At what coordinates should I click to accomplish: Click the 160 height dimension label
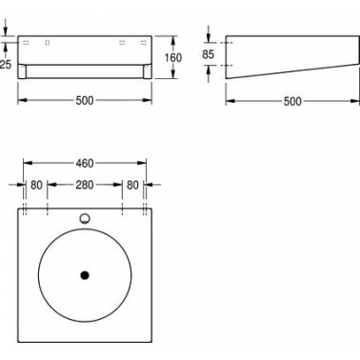point(173,58)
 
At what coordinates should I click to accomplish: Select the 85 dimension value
point(208,54)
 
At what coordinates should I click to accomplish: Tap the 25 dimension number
point(6,65)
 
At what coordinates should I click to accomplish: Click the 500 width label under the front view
point(85,101)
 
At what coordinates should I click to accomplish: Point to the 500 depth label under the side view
point(292,102)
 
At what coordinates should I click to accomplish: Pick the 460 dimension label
point(85,164)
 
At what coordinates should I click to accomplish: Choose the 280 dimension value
point(85,185)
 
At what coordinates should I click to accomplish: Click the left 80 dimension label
point(36,185)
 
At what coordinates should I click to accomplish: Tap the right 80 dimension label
point(132,185)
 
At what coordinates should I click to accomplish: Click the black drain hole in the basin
point(85,275)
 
